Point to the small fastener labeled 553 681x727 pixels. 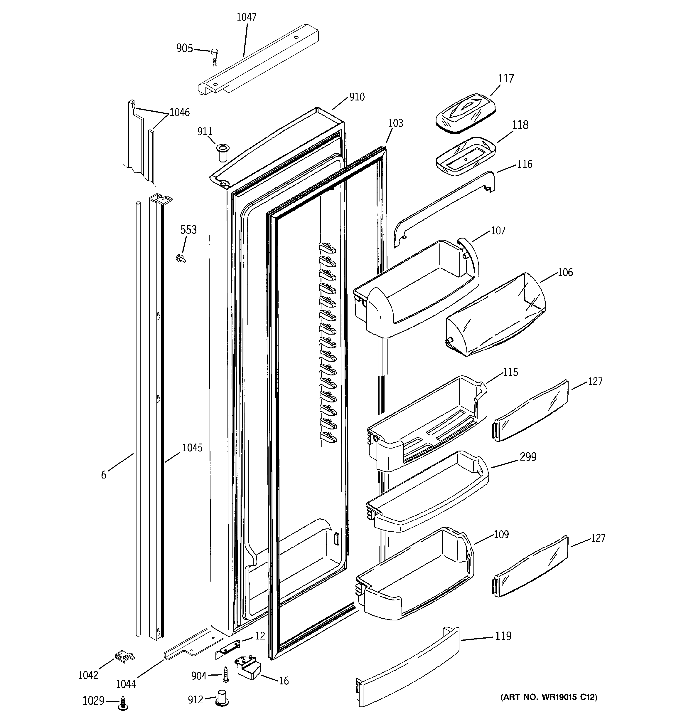[180, 258]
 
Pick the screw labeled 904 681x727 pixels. [225, 674]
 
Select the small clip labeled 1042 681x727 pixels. [124, 656]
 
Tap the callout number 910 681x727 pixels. [357, 97]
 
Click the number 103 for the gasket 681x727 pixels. [395, 123]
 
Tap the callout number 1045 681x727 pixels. [192, 448]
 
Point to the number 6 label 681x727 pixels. [103, 475]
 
